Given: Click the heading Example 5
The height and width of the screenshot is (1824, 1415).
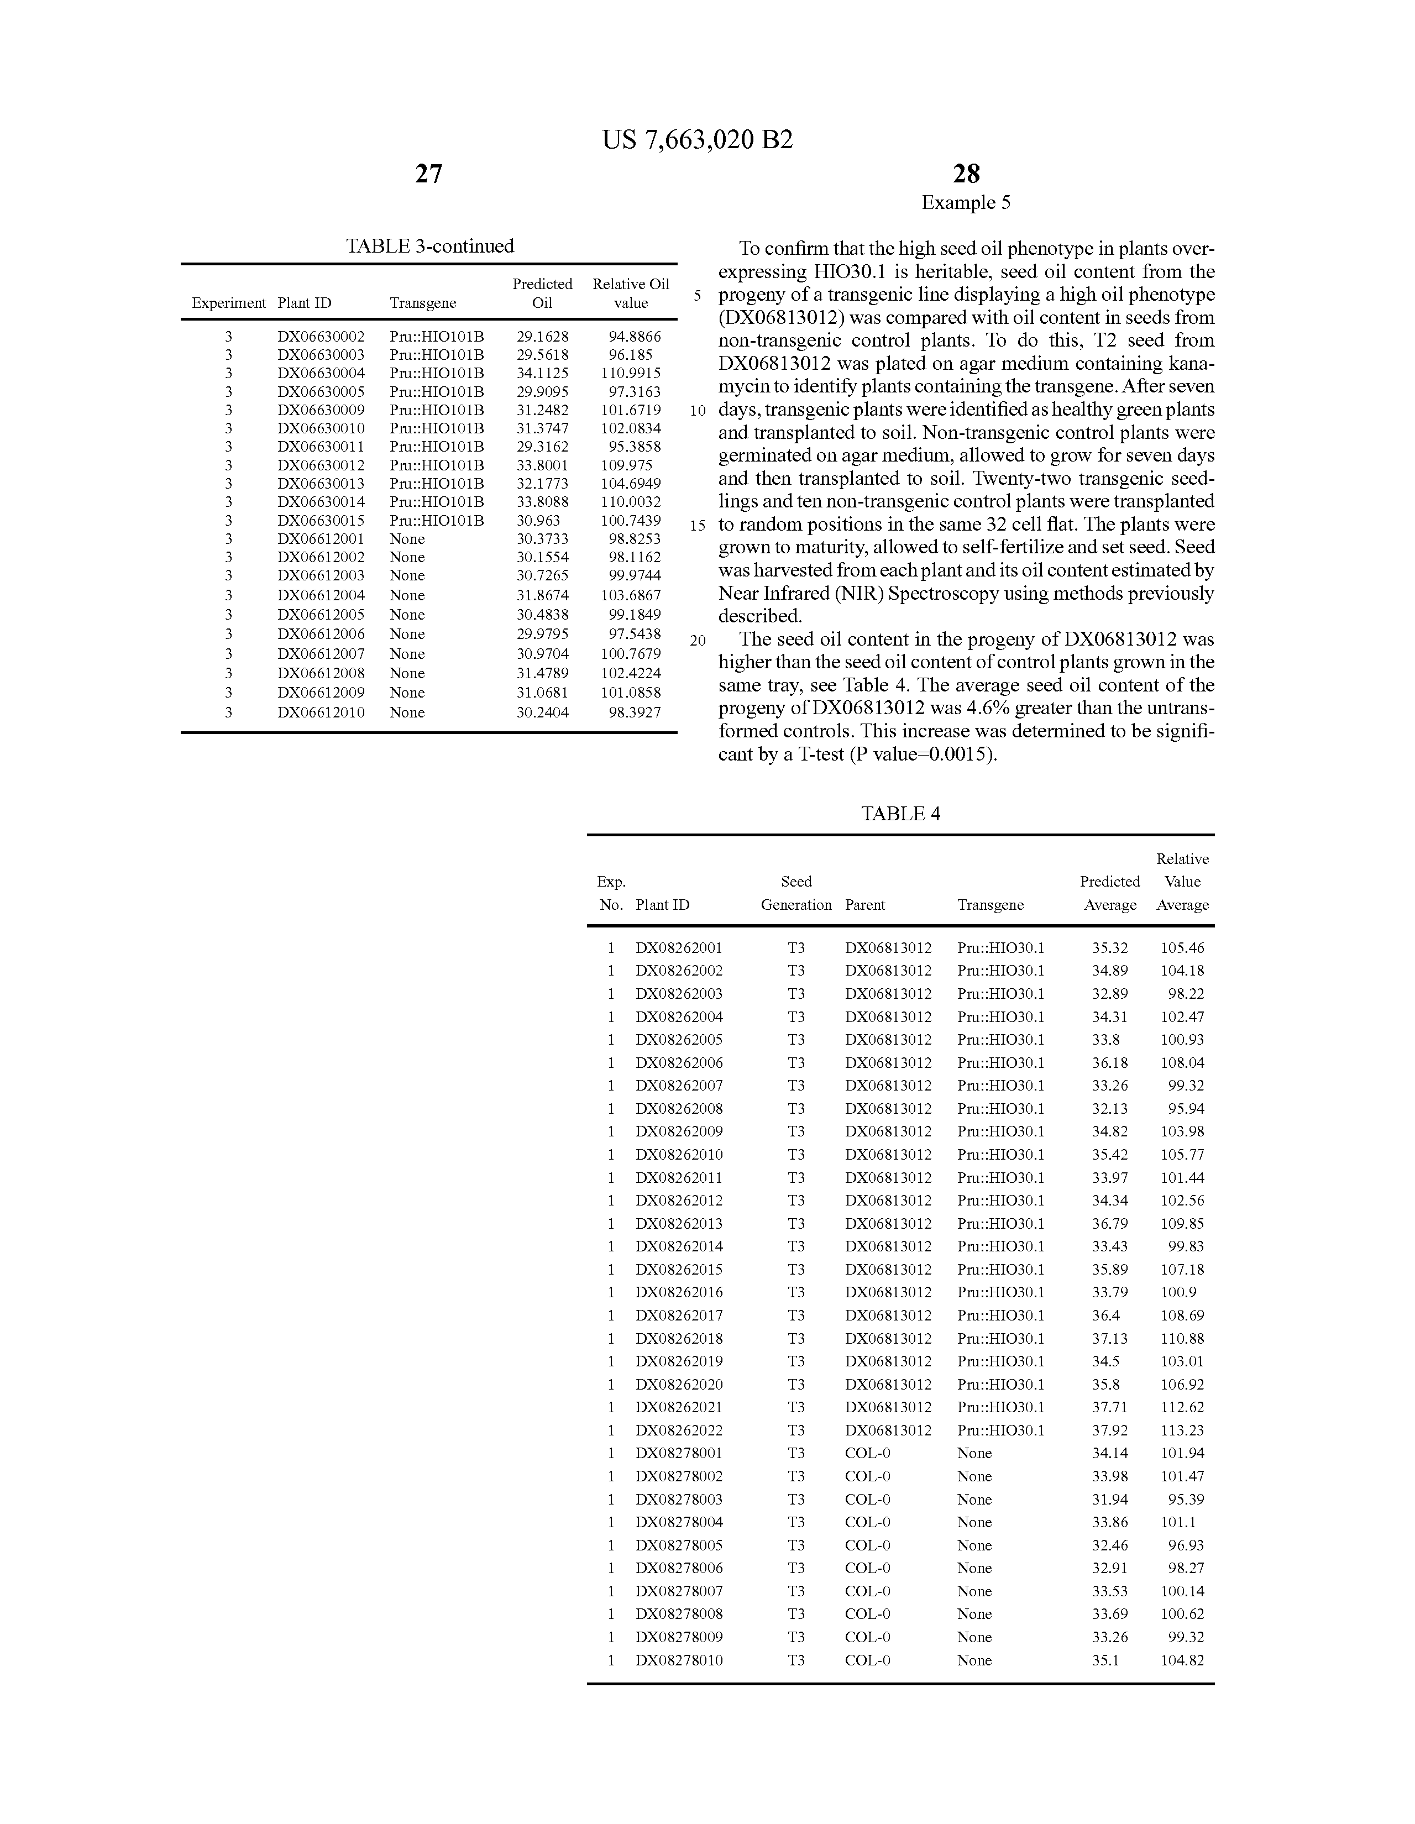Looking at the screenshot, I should coord(966,203).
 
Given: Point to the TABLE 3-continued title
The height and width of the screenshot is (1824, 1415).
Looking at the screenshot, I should coord(429,247).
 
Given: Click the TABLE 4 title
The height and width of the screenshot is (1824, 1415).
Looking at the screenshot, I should coord(900,814).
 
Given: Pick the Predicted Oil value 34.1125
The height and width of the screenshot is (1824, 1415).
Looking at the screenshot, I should coord(542,373).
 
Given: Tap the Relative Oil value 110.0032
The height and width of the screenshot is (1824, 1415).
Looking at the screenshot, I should coord(631,502).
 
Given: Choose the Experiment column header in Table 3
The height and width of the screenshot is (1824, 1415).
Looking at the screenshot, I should coord(228,303).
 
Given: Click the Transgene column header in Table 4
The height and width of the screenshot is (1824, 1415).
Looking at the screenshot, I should coord(990,904).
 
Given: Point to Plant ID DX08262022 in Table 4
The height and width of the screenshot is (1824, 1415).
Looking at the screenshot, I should coord(679,1430).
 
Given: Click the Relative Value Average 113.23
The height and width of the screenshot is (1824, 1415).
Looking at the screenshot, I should coord(1182,1430).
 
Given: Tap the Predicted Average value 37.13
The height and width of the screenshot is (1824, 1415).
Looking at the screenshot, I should coord(1109,1338).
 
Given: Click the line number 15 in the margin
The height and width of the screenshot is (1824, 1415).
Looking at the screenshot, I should coord(698,526).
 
